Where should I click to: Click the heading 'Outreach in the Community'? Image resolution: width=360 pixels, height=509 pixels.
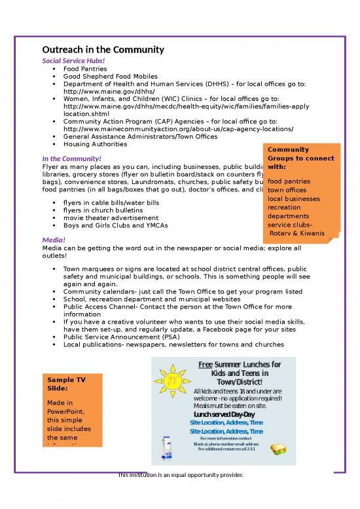(103, 50)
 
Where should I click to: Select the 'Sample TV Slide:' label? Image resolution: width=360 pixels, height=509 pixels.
(66, 384)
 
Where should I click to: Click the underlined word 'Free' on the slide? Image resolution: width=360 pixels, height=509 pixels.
(205, 364)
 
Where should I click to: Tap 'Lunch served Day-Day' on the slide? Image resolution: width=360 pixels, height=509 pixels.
(225, 415)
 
